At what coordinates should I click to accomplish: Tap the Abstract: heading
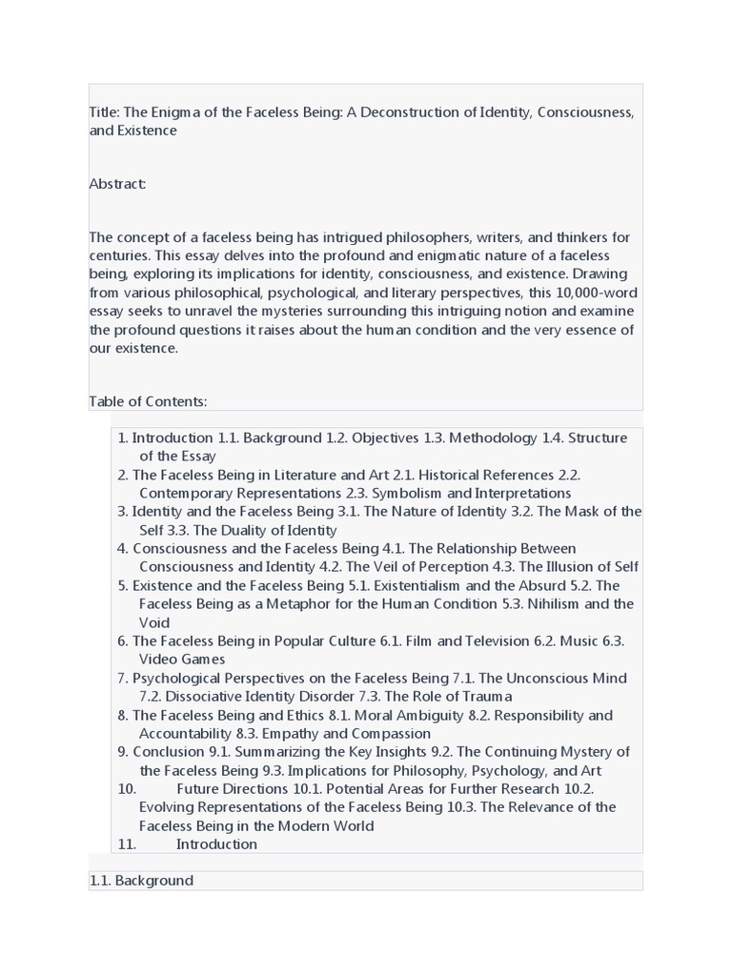point(117,184)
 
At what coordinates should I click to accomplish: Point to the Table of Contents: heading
point(148,401)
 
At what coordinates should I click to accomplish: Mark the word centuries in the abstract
point(121,256)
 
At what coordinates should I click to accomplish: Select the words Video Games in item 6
point(182,660)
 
